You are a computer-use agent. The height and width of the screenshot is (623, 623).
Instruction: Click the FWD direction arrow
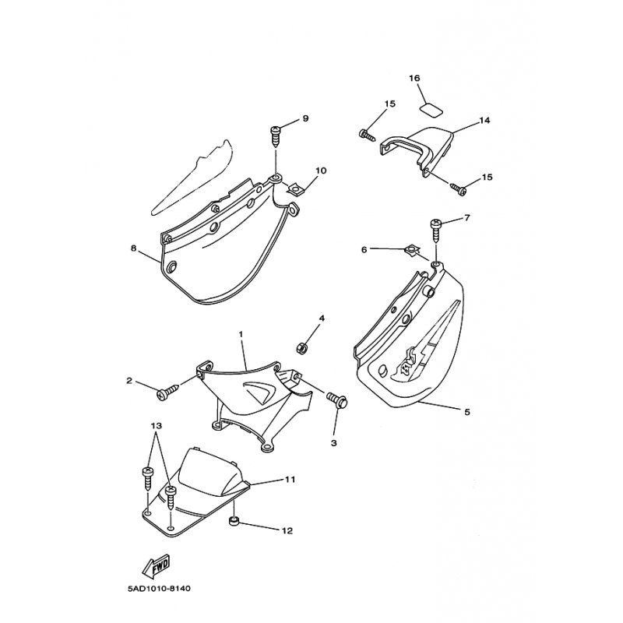pyautogui.click(x=156, y=565)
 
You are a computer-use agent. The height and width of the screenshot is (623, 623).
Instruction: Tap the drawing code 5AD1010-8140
pyautogui.click(x=159, y=589)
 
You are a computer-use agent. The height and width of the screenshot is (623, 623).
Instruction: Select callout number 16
pyautogui.click(x=414, y=79)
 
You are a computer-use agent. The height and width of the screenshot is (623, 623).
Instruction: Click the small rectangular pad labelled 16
pyautogui.click(x=431, y=110)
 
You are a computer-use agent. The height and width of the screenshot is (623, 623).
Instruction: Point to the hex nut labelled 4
pyautogui.click(x=303, y=348)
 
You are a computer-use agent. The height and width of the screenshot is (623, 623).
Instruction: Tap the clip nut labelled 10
pyautogui.click(x=294, y=188)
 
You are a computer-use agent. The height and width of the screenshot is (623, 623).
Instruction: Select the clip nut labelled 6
pyautogui.click(x=411, y=251)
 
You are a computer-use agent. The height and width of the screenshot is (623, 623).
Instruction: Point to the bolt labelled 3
pyautogui.click(x=337, y=399)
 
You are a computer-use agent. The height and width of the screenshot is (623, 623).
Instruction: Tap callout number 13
pyautogui.click(x=157, y=426)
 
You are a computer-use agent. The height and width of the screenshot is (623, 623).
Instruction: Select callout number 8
pyautogui.click(x=133, y=248)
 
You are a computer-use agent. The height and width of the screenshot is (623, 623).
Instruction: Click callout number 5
pyautogui.click(x=467, y=412)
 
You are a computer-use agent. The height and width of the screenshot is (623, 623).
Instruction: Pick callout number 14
pyautogui.click(x=484, y=120)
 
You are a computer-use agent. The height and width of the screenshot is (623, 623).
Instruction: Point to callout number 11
pyautogui.click(x=290, y=480)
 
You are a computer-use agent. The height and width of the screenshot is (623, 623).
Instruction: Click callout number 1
pyautogui.click(x=241, y=334)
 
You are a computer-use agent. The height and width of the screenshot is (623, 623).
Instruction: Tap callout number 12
pyautogui.click(x=287, y=531)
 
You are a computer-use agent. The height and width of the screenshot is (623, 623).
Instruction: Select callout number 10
pyautogui.click(x=321, y=171)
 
